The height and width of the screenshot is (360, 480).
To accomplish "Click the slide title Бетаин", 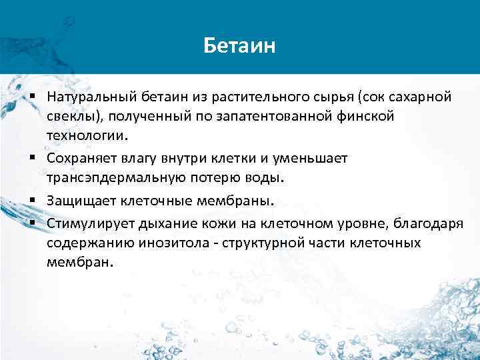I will tap(239, 47).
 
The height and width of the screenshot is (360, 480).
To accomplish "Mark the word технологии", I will tap(85, 135).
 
